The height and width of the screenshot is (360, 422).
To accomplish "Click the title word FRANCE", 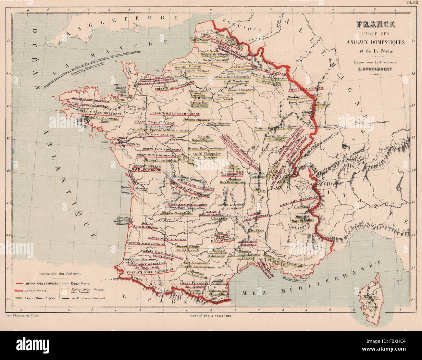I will pyautogui.click(x=375, y=24).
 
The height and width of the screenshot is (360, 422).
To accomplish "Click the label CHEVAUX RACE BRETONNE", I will pyautogui.click(x=99, y=114).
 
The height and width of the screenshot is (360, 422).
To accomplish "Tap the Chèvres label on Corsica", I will pyautogui.click(x=370, y=306).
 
